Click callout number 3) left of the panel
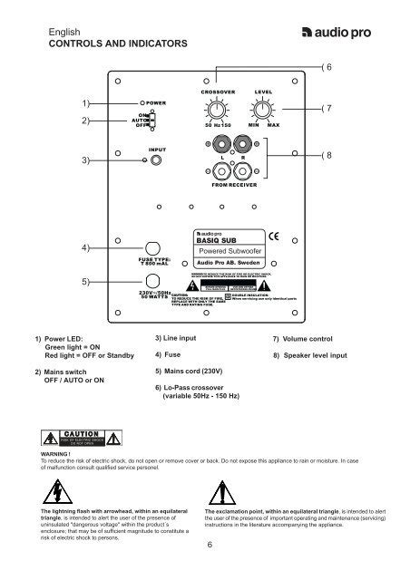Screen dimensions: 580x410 tap(89, 160)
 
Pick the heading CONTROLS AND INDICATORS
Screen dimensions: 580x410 tap(106, 43)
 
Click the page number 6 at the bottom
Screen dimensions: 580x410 tap(210, 545)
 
